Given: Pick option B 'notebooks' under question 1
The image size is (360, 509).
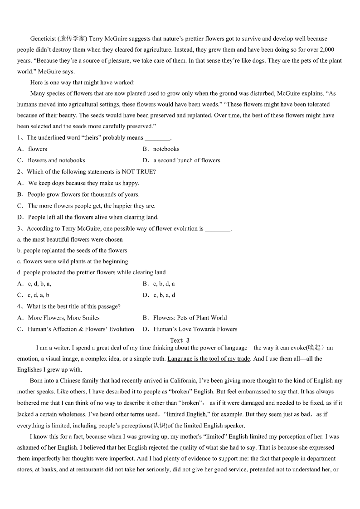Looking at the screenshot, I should coord(166,149).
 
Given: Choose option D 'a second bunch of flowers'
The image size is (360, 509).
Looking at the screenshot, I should coord(186,160).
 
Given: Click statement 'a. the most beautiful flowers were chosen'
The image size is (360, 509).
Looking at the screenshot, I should coord(70,239).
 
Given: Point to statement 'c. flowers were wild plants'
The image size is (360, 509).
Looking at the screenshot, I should coord(73,261).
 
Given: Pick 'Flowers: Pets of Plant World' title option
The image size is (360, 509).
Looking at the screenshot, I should coord(190,318).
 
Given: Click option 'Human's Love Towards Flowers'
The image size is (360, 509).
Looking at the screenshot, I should coord(195,329).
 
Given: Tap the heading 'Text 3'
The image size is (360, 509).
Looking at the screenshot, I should coord(180,340).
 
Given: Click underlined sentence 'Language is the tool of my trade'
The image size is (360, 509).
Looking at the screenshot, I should coord(209,359).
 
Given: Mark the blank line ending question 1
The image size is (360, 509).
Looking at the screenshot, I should coord(157,138).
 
